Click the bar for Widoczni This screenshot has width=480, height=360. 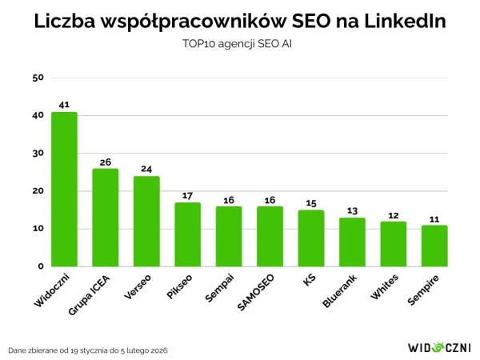[x=64, y=189]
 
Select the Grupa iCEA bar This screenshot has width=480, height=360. [x=106, y=217]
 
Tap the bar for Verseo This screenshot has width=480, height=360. [x=146, y=221]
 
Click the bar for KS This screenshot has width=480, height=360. [x=311, y=238]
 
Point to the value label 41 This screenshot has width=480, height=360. [x=64, y=105]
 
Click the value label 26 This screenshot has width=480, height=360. [x=106, y=162]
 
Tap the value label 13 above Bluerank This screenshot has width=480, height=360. [x=352, y=210]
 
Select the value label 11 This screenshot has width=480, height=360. [x=434, y=218]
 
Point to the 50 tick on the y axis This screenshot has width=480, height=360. [x=38, y=78]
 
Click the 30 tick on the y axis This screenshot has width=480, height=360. [x=38, y=153]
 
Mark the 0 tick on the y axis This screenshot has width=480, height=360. [x=40, y=266]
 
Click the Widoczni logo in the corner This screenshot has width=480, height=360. [x=438, y=349]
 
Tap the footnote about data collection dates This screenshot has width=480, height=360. [x=88, y=350]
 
